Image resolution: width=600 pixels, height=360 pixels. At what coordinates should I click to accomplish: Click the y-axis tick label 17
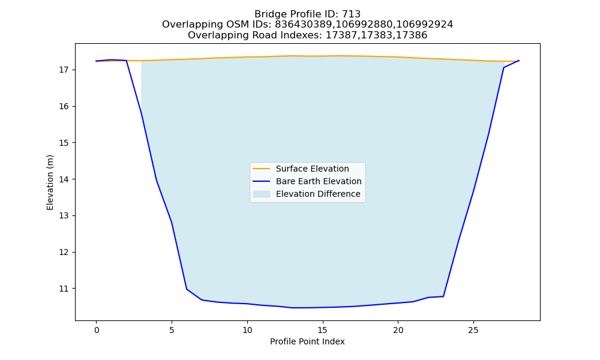pyautogui.click(x=64, y=70)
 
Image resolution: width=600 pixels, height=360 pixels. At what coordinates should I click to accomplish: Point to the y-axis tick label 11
pyautogui.click(x=64, y=289)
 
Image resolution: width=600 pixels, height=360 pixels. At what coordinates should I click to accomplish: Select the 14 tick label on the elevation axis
pyautogui.click(x=64, y=179)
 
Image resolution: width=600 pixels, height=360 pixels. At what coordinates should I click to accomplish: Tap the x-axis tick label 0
pyautogui.click(x=97, y=330)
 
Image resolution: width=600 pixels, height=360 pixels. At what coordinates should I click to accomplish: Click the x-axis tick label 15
pyautogui.click(x=323, y=330)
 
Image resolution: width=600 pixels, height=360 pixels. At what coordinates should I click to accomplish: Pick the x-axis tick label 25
pyautogui.click(x=473, y=330)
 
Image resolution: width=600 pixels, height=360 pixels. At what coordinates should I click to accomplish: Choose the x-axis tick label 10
pyautogui.click(x=247, y=330)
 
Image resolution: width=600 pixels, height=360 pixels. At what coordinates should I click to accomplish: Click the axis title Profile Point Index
pyautogui.click(x=307, y=341)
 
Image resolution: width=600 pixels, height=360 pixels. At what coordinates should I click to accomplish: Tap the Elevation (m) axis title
pyautogui.click(x=50, y=182)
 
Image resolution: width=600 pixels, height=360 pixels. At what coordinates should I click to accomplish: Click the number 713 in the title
pyautogui.click(x=351, y=14)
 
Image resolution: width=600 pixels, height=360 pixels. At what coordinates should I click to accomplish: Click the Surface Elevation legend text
pyautogui.click(x=312, y=169)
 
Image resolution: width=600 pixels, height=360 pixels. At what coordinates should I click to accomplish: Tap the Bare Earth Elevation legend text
pyautogui.click(x=319, y=181)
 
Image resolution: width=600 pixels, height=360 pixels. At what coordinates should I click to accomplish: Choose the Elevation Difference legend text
pyautogui.click(x=318, y=194)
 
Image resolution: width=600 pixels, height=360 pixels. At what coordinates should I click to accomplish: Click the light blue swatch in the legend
pyautogui.click(x=262, y=194)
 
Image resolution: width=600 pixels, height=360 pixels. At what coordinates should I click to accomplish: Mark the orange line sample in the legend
pyautogui.click(x=262, y=169)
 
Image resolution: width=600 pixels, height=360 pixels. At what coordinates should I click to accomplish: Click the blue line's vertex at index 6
pyautogui.click(x=187, y=289)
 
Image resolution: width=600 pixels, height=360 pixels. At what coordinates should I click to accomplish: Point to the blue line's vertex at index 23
pyautogui.click(x=443, y=296)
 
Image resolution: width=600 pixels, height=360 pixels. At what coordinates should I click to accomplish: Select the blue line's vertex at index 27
pyautogui.click(x=503, y=68)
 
